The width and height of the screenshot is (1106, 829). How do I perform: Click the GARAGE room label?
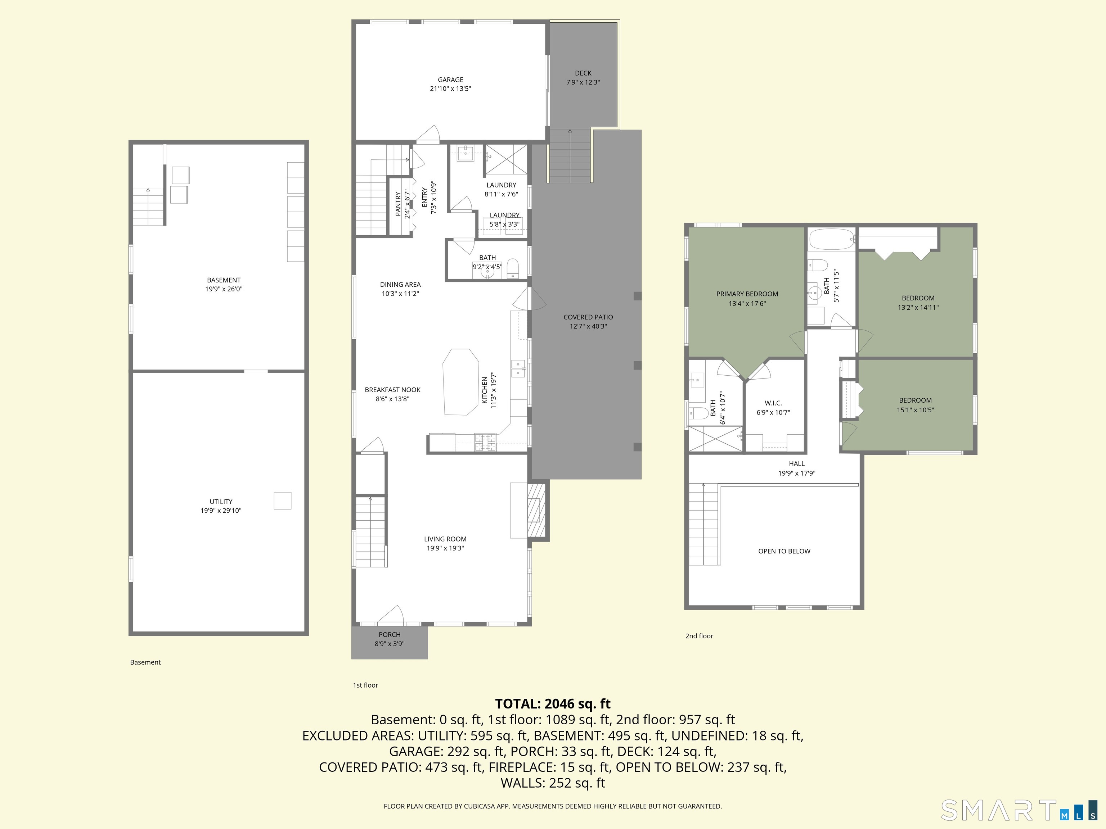coord(450,80)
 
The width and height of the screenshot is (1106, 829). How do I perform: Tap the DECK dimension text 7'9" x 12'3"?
coord(583,82)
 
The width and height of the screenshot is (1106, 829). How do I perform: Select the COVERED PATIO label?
coord(588,317)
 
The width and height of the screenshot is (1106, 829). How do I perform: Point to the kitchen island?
coord(460,382)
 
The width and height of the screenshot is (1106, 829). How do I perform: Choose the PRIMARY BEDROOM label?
coord(747,294)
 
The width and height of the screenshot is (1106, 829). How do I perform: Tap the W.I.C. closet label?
coord(773,403)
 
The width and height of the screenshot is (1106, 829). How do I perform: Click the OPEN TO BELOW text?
coord(784,551)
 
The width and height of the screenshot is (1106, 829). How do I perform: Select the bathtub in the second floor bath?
coord(831,239)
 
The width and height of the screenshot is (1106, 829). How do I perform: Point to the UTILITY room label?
coord(221,502)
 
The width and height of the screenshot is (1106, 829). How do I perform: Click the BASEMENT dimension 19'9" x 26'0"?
coord(224,289)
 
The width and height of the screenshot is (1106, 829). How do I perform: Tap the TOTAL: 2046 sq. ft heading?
coord(553,703)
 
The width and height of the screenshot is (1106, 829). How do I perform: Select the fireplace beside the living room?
coord(536,510)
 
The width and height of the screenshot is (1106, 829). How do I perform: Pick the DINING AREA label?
coord(400,284)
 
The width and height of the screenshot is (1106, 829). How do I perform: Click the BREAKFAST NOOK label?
coord(392,390)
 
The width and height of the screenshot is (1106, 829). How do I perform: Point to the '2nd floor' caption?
coord(699,636)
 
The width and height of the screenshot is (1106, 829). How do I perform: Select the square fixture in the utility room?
coord(283,501)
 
